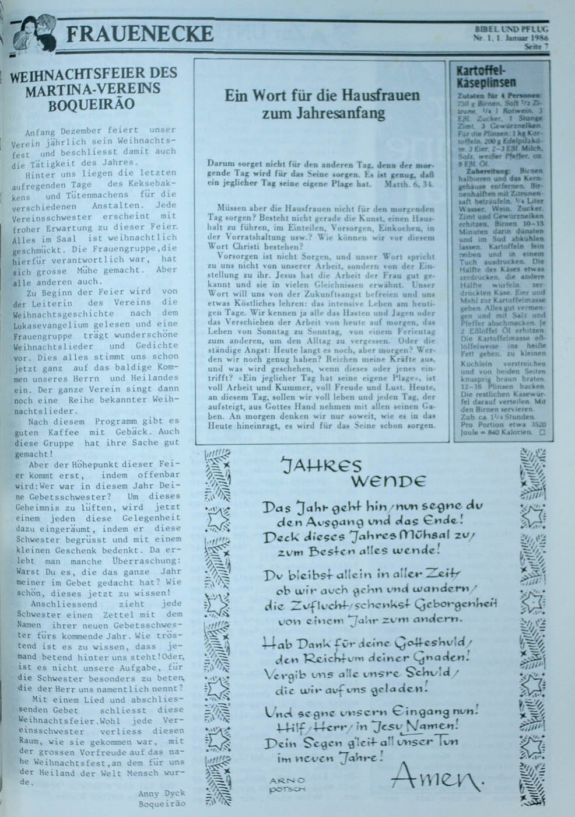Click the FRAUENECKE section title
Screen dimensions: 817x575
(139, 35)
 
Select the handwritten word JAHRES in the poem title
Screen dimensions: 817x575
(322, 465)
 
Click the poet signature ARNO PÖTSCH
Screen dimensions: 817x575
(288, 784)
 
